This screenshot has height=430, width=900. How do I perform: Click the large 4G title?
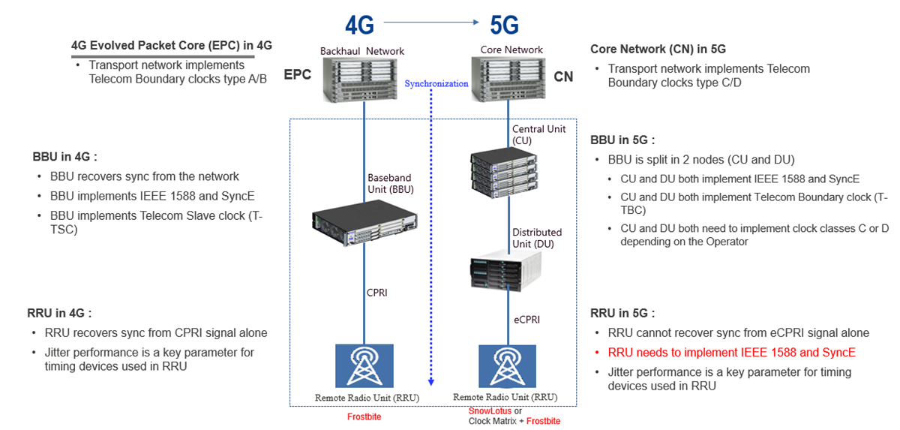click(x=359, y=25)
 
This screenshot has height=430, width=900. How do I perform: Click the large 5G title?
click(x=504, y=25)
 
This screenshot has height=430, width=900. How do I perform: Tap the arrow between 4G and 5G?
click(x=431, y=23)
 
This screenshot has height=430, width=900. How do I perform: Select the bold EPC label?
click(x=297, y=76)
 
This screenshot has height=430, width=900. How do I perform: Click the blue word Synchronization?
click(x=436, y=83)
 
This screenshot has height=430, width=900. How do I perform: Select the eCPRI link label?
click(x=526, y=319)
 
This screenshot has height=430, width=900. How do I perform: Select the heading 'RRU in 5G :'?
click(x=622, y=313)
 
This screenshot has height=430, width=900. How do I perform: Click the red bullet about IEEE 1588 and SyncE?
click(x=731, y=352)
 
